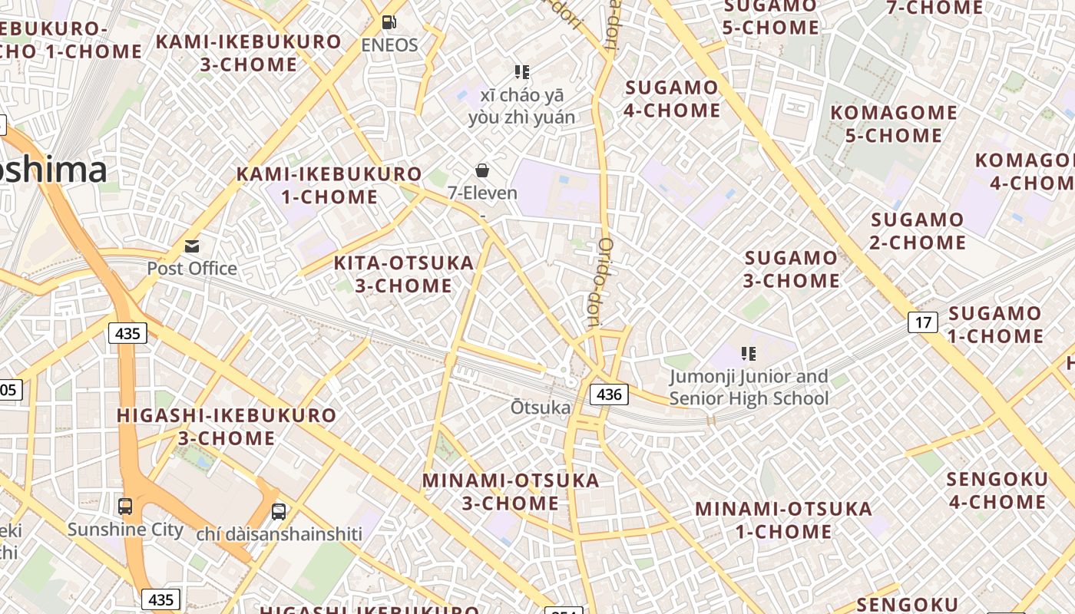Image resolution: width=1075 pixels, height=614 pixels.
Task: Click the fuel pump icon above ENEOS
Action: click(389, 23)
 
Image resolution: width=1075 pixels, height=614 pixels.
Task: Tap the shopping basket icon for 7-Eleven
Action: click(482, 170)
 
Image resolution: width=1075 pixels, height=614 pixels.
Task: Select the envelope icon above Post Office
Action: click(192, 246)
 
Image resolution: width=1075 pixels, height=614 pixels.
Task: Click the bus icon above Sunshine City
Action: click(124, 507)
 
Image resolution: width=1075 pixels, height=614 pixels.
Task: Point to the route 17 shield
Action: click(923, 322)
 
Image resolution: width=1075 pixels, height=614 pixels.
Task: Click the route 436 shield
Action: click(609, 394)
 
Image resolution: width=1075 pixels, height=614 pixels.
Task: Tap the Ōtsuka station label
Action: click(541, 408)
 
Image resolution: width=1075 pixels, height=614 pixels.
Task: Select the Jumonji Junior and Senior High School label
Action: click(749, 388)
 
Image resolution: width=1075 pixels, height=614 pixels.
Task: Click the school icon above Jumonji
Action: click(749, 354)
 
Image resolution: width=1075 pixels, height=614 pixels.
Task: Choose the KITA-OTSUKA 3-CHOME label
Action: click(404, 274)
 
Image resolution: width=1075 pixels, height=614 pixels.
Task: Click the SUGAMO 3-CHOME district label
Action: click(791, 269)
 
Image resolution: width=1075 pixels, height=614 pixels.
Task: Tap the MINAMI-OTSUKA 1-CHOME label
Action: click(783, 520)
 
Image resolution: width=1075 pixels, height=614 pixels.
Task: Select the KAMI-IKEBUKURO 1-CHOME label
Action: click(329, 185)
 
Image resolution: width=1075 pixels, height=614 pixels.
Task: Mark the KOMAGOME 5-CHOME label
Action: click(894, 124)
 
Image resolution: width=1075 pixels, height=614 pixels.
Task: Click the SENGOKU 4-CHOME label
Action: click(996, 490)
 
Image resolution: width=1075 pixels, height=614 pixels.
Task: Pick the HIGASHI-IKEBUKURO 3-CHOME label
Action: click(227, 427)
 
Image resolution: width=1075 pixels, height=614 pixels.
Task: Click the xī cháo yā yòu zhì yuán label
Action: click(522, 106)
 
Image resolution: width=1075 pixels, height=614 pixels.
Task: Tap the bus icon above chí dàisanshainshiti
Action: click(279, 511)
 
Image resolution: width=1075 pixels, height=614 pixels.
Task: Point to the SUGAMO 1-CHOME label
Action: click(995, 325)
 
